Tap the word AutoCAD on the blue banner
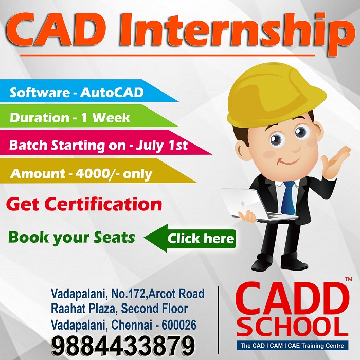112,93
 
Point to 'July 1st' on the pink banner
162,146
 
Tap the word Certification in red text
103,204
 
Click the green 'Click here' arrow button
190,238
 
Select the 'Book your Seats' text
71,238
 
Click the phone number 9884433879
123,345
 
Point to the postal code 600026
179,325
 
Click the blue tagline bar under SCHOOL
292,346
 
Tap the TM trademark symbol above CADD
348,279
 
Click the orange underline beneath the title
167,56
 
